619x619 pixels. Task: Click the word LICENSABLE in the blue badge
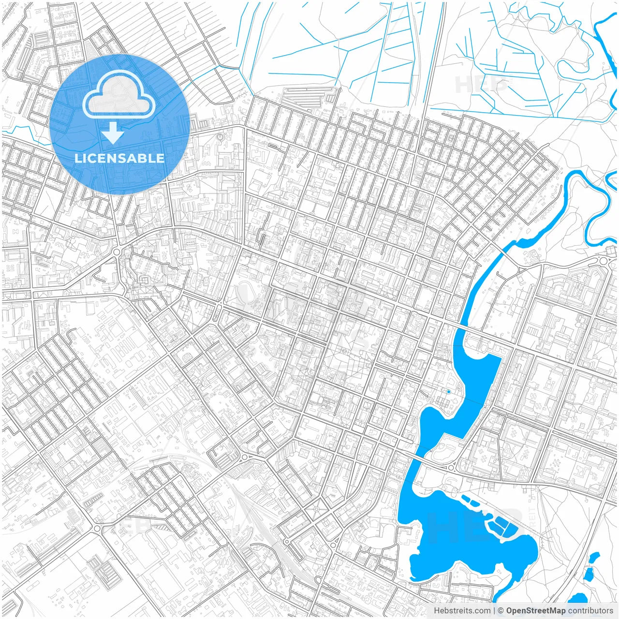[x=119, y=158]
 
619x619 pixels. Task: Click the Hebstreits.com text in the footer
[x=462, y=611]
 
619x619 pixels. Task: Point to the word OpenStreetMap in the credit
[x=535, y=611]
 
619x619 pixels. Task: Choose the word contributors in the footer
[x=590, y=611]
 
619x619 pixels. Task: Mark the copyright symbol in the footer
[x=501, y=611]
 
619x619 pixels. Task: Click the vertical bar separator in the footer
[x=494, y=611]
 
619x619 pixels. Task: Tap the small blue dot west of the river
[x=449, y=392]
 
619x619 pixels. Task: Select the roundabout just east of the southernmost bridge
[x=451, y=467]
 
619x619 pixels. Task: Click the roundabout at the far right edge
[x=603, y=261]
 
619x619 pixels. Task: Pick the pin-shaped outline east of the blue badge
[x=221, y=138]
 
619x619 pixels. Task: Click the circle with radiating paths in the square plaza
[x=317, y=509]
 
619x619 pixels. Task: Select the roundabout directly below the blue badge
[x=117, y=252]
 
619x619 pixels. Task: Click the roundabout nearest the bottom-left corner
[x=97, y=528]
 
